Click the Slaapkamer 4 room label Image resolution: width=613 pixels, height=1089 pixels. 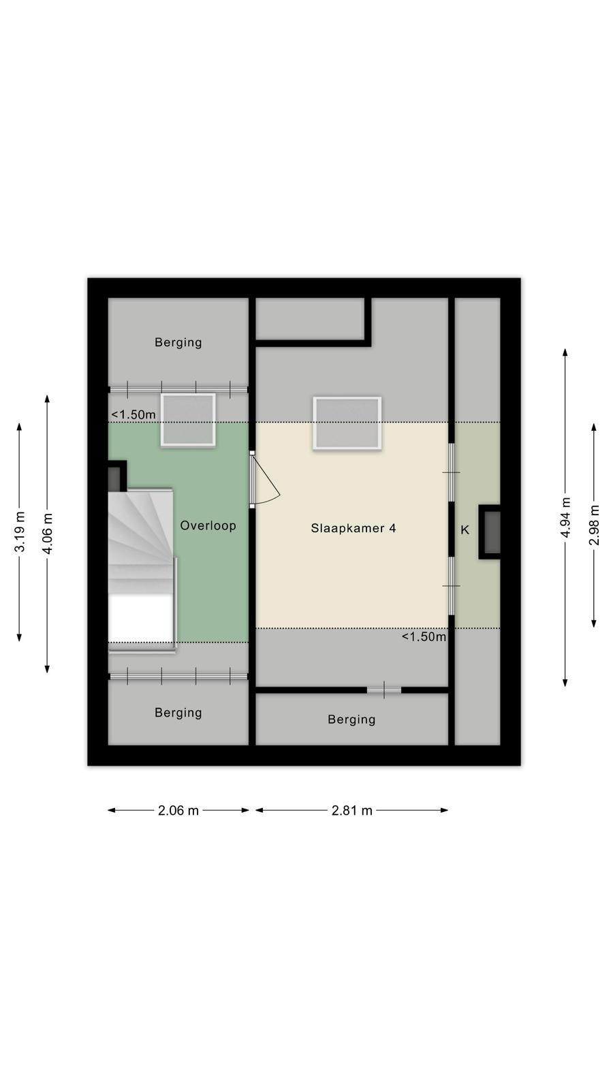pos(353,528)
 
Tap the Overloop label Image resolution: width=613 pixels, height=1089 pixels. pos(208,525)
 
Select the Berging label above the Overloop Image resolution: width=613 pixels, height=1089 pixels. pos(178,342)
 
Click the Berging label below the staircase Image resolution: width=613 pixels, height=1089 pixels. pos(178,713)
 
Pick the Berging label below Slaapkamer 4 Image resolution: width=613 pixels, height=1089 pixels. pos(351,719)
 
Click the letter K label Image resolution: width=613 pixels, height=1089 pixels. pos(465,530)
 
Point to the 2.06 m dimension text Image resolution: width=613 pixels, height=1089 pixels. pos(178,811)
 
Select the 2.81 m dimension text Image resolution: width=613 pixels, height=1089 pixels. pos(351,811)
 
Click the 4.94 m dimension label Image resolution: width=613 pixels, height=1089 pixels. pos(565,517)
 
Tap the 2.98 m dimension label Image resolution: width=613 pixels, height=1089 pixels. pos(594,525)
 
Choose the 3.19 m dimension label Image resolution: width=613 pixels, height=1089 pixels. pos(20,532)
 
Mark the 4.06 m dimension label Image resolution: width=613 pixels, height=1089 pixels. pos(47,534)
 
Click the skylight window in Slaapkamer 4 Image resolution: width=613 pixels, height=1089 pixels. pos(347,423)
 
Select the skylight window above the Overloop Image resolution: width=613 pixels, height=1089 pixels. pos(188,420)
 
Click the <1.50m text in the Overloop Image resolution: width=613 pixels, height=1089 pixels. pos(133,415)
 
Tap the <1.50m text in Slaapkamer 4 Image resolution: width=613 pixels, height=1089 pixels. pos(424,637)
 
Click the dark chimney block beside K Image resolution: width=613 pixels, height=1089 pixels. pos(490,532)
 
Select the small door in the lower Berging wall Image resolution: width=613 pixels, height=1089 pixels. pos(384,690)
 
